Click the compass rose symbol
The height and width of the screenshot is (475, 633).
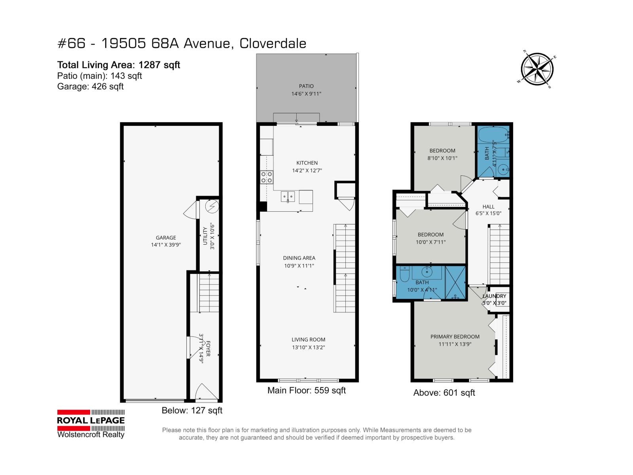[537, 69]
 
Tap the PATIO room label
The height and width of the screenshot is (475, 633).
[306, 86]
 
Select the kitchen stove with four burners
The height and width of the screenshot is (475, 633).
[267, 177]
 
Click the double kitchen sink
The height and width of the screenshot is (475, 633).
[288, 196]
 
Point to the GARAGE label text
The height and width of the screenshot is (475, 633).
[166, 237]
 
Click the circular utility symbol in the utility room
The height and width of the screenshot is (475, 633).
[212, 206]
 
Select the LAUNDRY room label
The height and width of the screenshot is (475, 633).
[495, 296]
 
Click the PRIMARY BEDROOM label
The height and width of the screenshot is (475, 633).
[455, 336]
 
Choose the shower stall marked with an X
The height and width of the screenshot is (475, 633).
[455, 283]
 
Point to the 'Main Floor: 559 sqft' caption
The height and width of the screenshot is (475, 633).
[307, 391]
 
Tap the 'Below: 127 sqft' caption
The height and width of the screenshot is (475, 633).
[192, 410]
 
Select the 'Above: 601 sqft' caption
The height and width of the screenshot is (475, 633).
[444, 393]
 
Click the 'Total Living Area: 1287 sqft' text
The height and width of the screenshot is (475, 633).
[119, 65]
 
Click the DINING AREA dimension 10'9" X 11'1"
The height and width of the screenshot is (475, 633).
[299, 266]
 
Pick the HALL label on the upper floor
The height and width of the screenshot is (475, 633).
[488, 207]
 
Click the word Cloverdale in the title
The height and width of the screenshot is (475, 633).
[273, 44]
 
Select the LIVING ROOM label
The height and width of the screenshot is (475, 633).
[308, 339]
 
